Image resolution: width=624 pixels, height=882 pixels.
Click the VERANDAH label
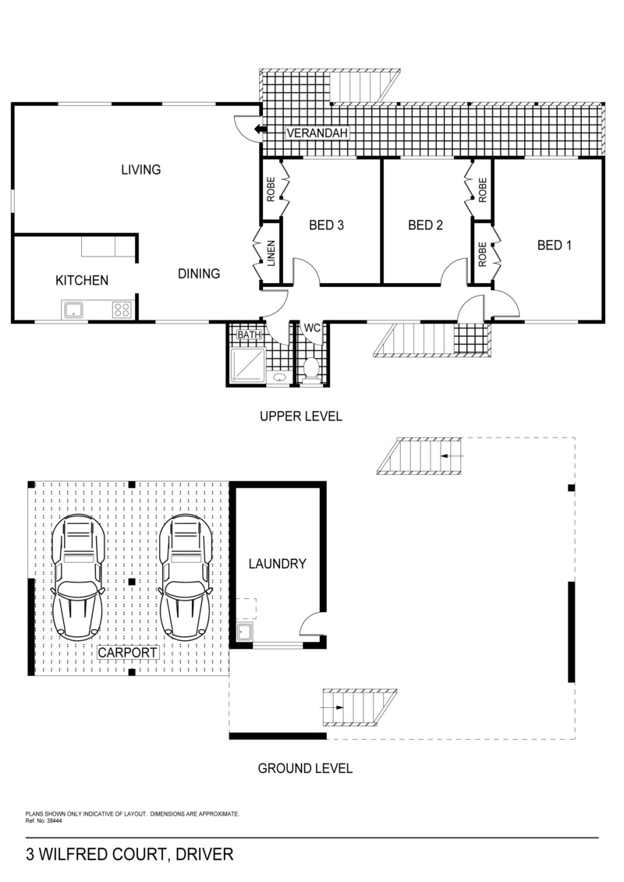tap(317, 133)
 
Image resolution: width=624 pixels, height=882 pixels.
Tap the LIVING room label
tap(141, 169)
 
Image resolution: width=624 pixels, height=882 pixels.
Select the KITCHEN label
tap(82, 280)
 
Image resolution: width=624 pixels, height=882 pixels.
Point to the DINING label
tap(199, 274)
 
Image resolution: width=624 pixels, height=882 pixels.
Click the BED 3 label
tap(326, 225)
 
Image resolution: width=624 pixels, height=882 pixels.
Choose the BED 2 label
tap(425, 225)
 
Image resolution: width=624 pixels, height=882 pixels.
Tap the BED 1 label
tap(555, 245)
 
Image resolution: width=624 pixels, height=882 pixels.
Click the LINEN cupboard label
tap(271, 253)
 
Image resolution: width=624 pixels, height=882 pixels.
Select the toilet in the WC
tap(311, 371)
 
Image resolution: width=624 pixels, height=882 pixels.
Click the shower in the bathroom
tap(248, 366)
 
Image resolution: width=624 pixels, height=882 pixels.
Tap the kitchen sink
tap(73, 310)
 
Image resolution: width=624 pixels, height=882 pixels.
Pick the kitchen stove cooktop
tap(122, 310)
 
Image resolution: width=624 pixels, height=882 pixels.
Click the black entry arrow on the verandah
tap(261, 130)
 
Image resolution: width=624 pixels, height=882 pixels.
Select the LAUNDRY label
tap(278, 564)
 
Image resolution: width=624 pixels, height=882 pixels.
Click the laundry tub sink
tap(245, 632)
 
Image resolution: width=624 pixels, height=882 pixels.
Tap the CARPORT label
tap(127, 653)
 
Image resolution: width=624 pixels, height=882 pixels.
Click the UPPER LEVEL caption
tap(301, 416)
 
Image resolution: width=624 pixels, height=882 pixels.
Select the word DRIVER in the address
tap(204, 855)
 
